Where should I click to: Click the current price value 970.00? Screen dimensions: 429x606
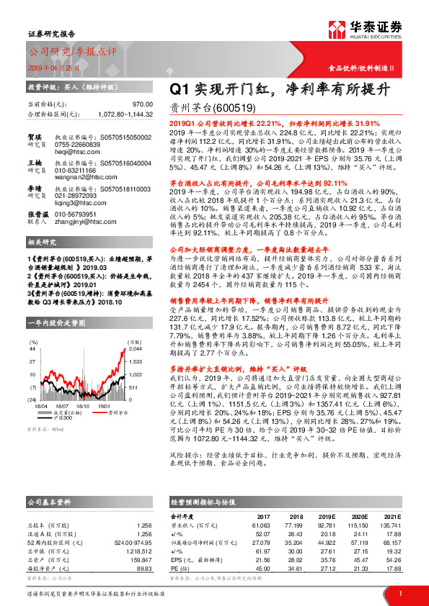(143, 104)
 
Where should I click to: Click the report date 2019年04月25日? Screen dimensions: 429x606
(52, 67)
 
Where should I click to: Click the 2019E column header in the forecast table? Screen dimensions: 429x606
(327, 517)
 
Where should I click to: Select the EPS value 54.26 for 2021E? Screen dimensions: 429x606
(392, 559)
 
